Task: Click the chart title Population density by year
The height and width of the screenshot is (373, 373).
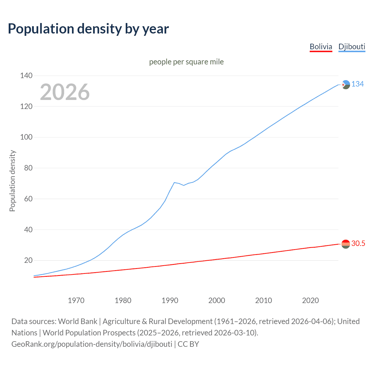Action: pyautogui.click(x=88, y=29)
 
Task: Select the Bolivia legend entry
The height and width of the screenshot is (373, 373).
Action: pyautogui.click(x=321, y=47)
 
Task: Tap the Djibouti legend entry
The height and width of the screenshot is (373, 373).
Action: pyautogui.click(x=352, y=47)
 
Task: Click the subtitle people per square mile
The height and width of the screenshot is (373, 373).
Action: pyautogui.click(x=186, y=62)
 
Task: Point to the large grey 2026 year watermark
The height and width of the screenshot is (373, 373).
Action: pyautogui.click(x=65, y=92)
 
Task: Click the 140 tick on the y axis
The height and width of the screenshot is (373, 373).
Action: pyautogui.click(x=26, y=76)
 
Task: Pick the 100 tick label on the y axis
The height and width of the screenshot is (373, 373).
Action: pyautogui.click(x=26, y=137)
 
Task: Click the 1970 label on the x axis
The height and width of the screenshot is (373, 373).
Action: pyautogui.click(x=76, y=300)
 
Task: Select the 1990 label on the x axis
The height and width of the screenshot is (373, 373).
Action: pyautogui.click(x=170, y=300)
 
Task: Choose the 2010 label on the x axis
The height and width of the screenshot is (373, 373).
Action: pyautogui.click(x=263, y=300)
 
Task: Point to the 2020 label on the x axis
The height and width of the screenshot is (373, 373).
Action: pyautogui.click(x=310, y=300)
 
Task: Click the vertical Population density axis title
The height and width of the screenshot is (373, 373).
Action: pyautogui.click(x=12, y=181)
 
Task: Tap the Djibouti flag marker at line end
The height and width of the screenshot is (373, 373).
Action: pyautogui.click(x=346, y=85)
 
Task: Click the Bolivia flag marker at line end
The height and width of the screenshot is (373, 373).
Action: pyautogui.click(x=346, y=244)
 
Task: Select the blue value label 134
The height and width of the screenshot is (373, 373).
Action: pyautogui.click(x=358, y=84)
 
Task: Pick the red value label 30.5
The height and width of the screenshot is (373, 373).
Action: pyautogui.click(x=358, y=244)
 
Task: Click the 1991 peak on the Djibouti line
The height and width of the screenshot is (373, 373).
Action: pyautogui.click(x=174, y=182)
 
